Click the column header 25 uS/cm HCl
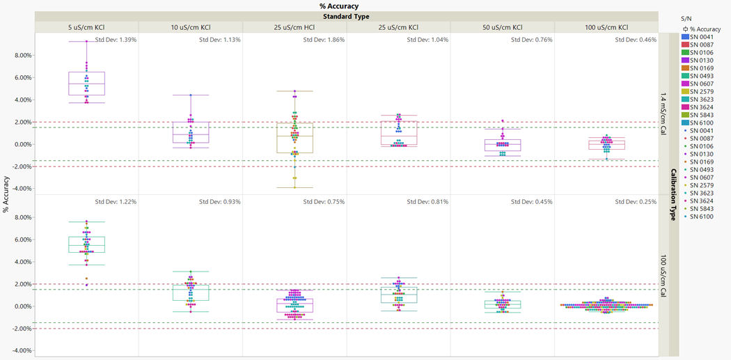294,26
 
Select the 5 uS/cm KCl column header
86,26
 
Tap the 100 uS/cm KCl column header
606,26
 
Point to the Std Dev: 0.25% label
636,202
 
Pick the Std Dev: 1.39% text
116,40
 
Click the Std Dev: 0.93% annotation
220,202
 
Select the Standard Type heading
346,16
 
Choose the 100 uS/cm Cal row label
663,275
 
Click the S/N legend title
686,18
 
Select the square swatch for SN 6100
685,123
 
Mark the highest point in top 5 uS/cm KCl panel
87,41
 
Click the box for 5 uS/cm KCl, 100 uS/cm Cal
87,244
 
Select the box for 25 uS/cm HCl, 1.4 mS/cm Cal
294,138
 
